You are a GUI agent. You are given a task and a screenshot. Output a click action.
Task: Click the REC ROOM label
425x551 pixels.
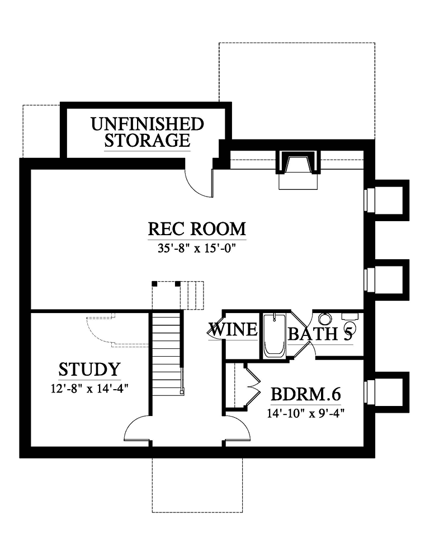(x=197, y=229)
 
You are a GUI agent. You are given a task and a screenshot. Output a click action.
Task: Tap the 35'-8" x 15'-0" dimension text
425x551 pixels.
(x=196, y=249)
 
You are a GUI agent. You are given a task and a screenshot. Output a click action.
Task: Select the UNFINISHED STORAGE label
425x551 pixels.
(x=148, y=132)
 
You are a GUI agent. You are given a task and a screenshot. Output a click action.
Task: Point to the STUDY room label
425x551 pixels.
(x=89, y=370)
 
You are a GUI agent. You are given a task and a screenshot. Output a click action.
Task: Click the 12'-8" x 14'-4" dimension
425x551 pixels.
(x=89, y=389)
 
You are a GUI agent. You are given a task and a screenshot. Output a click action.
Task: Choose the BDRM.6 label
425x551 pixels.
(x=306, y=394)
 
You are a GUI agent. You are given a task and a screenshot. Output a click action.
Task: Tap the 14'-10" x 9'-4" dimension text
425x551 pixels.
(x=305, y=413)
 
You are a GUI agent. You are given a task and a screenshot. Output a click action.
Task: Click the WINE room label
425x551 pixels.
(x=233, y=330)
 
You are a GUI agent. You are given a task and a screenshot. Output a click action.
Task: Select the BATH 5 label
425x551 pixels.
(x=320, y=334)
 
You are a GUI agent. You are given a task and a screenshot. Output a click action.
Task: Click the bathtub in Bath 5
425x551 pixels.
(x=275, y=335)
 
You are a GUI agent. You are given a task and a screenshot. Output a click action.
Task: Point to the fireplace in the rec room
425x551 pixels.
(x=298, y=170)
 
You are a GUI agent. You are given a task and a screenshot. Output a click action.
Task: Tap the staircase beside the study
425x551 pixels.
(x=167, y=355)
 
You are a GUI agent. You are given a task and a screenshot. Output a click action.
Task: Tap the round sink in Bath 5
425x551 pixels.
(x=325, y=319)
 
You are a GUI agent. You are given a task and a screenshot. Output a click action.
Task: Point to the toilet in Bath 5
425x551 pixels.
(x=350, y=323)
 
